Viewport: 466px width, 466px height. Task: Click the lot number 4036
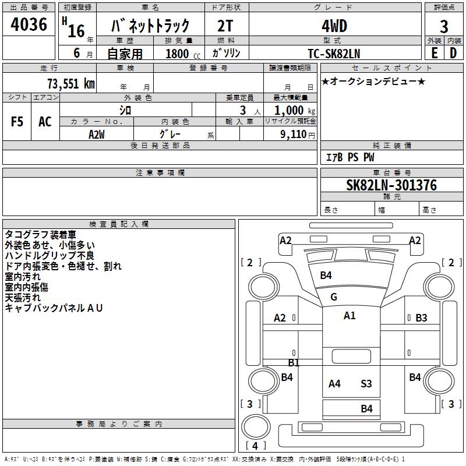click(29, 24)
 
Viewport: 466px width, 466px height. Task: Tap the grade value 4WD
click(334, 26)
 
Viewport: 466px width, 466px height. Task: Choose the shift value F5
click(17, 122)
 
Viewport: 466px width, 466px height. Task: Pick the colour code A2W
click(97, 134)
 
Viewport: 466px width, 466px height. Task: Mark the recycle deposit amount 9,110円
click(296, 134)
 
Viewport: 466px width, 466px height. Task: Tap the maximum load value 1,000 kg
click(295, 110)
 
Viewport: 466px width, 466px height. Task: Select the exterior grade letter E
click(434, 53)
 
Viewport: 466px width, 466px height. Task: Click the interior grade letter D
click(453, 53)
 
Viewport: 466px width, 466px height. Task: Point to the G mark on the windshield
click(334, 297)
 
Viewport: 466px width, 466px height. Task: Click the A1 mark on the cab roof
click(349, 316)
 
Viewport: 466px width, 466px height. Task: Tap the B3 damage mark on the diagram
click(421, 318)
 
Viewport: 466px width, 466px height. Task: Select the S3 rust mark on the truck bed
click(366, 384)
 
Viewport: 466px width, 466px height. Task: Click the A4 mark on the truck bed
click(334, 384)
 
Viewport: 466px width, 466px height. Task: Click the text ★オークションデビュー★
click(373, 82)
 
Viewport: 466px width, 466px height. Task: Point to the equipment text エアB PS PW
click(349, 158)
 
